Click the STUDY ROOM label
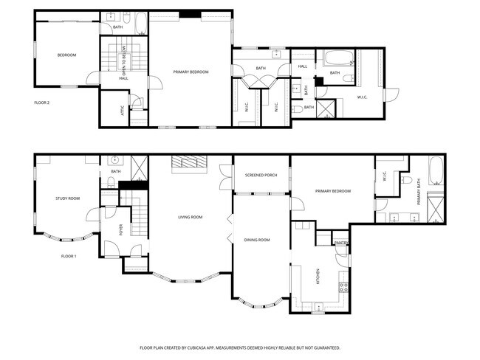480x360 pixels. tap(67, 198)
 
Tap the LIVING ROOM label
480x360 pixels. tap(190, 217)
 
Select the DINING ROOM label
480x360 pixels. tap(257, 240)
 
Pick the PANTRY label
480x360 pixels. tap(340, 242)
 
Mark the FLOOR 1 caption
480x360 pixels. tap(69, 256)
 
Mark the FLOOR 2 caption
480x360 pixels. tap(41, 103)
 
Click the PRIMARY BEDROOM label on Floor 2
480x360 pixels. tap(191, 72)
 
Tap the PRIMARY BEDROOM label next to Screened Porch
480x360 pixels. tap(332, 191)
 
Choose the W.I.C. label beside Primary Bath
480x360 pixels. tap(385, 177)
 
